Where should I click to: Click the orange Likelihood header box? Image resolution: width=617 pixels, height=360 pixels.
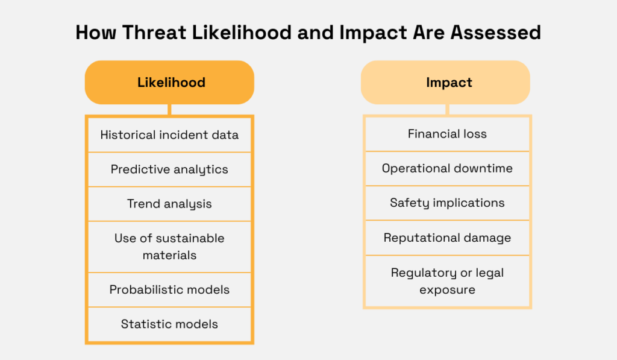click(169, 83)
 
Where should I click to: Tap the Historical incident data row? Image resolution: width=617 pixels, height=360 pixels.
click(169, 134)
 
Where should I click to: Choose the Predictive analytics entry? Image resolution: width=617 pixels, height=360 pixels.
click(169, 169)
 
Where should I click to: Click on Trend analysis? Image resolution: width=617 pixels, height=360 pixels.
click(169, 204)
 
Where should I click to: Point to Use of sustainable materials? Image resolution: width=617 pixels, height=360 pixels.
click(169, 246)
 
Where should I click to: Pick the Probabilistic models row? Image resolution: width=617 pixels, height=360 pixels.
click(169, 289)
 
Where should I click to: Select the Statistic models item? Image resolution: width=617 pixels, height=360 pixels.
click(169, 324)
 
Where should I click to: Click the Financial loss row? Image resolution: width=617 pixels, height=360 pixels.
click(447, 134)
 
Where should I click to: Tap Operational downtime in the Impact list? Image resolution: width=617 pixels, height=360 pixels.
click(447, 168)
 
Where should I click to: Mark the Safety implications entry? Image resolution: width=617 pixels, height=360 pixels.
click(447, 203)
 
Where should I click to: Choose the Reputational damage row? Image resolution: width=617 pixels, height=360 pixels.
click(447, 238)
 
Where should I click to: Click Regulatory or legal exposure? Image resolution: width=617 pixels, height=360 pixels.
click(447, 281)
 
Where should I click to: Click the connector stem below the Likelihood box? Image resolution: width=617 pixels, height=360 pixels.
click(169, 110)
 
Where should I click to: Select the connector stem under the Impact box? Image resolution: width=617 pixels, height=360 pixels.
click(447, 110)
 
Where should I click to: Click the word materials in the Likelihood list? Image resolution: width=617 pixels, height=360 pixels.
click(169, 255)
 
